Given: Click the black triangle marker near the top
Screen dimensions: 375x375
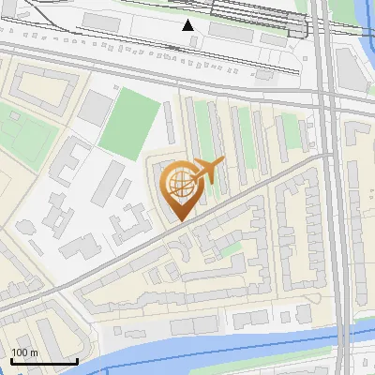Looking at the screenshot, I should (188, 25).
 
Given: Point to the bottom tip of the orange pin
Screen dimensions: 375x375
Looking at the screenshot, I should (178, 220).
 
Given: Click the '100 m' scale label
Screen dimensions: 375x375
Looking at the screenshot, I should (24, 352).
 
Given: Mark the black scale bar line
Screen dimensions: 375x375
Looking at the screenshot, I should (44, 361).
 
